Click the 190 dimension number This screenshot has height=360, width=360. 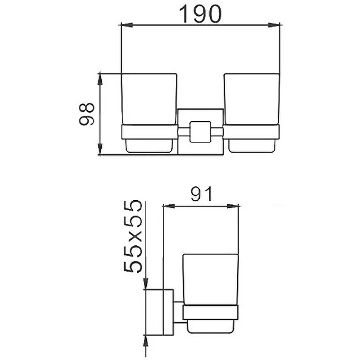coord(200,14)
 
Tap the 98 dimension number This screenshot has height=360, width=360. coord(86,114)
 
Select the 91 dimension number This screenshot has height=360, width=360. coord(201,194)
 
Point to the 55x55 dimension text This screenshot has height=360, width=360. coord(133,236)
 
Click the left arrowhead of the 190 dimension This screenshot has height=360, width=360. coord(127,25)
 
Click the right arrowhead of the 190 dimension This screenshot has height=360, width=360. coord(274,25)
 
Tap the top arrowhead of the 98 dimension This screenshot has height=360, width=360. coord(99,80)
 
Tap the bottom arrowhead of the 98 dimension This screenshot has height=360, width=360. coord(99,149)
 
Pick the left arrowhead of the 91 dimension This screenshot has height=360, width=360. coord(169,206)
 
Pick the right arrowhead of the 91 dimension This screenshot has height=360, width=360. coord(233,206)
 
